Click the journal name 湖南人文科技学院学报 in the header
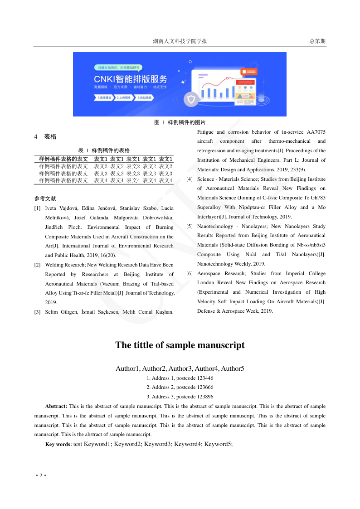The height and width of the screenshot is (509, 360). tap(180, 41)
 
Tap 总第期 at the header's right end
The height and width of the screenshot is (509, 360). tap(317, 41)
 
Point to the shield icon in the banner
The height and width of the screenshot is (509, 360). tap(192, 99)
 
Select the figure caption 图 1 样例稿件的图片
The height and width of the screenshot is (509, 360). tap(180, 122)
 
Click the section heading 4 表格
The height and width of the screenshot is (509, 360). tap(45, 136)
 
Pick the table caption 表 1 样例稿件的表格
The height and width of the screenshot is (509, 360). tap(104, 150)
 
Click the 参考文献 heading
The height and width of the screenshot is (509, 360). tap(45, 199)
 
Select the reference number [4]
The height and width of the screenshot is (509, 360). tap(190, 179)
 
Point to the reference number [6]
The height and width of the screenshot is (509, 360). tap(190, 273)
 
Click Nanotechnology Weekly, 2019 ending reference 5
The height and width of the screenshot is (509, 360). tap(231, 264)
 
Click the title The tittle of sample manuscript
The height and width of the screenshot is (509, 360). tap(180, 345)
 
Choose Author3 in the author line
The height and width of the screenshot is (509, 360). tap(180, 368)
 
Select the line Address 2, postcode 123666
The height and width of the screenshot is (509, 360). tap(180, 388)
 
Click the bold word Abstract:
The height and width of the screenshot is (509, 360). tap(56, 406)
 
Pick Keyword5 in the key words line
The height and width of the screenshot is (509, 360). tap(219, 444)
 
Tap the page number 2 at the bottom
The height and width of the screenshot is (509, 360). tap(41, 475)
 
